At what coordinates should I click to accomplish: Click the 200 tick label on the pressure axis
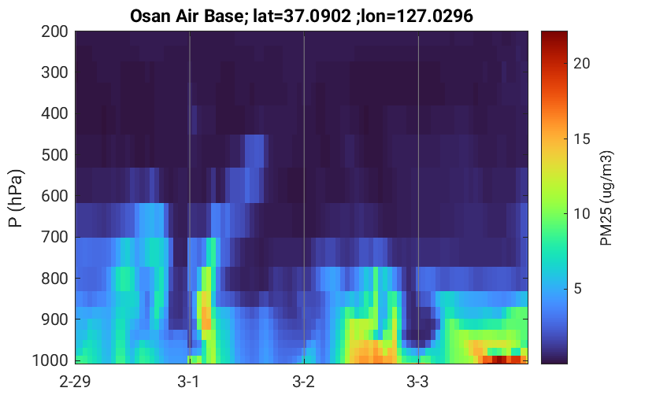click(54, 31)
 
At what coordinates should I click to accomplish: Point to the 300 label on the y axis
click(54, 72)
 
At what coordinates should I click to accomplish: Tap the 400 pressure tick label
click(54, 113)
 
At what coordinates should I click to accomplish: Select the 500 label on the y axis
click(54, 155)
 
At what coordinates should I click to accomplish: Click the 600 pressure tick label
click(54, 196)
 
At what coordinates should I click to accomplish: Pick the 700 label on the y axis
click(54, 238)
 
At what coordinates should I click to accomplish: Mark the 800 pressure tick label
click(54, 279)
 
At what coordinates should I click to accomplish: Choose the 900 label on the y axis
click(54, 320)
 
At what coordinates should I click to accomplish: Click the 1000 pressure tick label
click(50, 360)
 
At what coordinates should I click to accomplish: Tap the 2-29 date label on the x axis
click(75, 382)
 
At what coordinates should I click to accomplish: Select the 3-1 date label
click(189, 382)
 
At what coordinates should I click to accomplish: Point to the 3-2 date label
click(304, 382)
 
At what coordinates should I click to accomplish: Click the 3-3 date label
click(418, 382)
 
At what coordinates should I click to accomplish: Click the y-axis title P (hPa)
click(16, 198)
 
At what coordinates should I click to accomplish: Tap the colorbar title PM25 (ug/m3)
click(606, 198)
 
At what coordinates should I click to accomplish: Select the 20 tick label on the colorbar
click(581, 64)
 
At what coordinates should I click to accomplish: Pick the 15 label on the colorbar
click(581, 139)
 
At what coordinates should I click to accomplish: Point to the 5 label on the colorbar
click(578, 289)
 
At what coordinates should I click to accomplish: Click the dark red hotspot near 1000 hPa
click(500, 360)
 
